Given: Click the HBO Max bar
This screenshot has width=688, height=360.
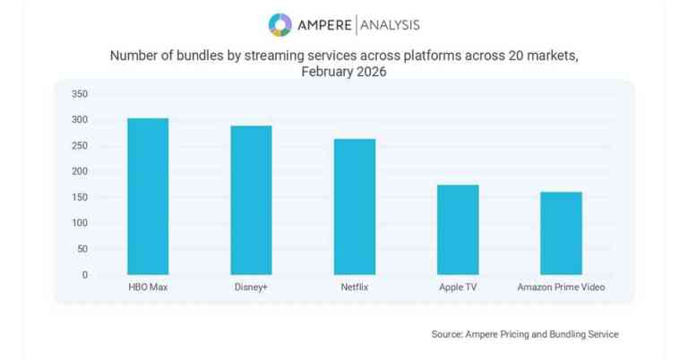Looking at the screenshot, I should point(148,196).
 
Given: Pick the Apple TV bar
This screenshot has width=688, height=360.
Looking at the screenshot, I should point(458,229).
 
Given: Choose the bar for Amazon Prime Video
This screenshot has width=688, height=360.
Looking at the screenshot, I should point(561,233).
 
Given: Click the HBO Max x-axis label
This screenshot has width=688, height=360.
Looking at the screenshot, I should point(148,287).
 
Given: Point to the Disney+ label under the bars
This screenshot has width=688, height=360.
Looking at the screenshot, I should point(251,287).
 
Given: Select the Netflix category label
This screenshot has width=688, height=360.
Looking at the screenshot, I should point(355,287).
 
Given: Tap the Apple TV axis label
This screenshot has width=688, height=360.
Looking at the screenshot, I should point(458,287).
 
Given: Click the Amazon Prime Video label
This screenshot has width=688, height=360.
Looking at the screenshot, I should point(561,287).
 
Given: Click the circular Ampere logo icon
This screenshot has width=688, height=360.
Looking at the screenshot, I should point(280,24).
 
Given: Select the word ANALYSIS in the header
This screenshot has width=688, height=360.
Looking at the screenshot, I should point(386,24).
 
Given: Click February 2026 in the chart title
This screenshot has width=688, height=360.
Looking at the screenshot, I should point(344,72).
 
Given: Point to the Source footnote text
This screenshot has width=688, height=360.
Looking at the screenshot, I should point(524,334).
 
